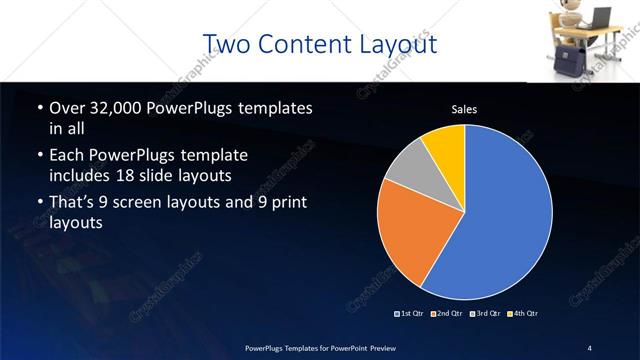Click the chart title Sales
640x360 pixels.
coord(465,109)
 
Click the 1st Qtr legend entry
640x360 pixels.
coord(410,313)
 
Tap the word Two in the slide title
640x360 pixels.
coord(227,45)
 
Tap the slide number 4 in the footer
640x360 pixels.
coord(590,347)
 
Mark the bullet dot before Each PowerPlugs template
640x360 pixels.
coord(39,156)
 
